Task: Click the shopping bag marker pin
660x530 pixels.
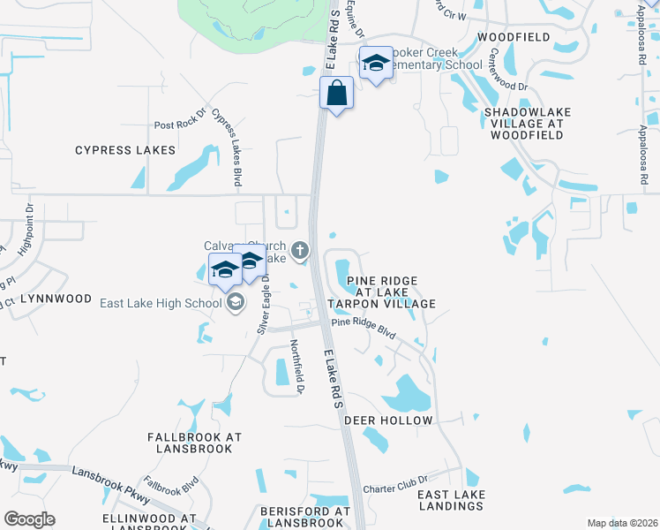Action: [336, 93]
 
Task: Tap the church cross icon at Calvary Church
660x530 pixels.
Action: [301, 251]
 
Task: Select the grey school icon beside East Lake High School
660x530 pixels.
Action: [235, 303]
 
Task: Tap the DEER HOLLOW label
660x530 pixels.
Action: [388, 420]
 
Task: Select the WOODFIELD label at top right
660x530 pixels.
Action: [513, 37]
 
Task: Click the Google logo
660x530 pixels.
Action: [29, 519]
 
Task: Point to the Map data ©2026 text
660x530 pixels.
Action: [622, 523]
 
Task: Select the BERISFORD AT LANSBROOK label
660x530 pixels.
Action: [305, 517]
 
